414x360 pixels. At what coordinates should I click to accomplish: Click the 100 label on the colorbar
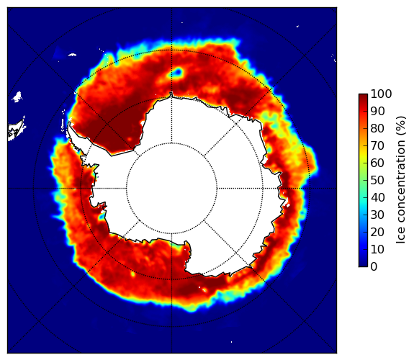click(x=381, y=94)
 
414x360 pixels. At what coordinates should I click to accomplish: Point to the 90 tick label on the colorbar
click(x=377, y=111)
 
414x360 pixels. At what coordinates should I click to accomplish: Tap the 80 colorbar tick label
click(x=377, y=128)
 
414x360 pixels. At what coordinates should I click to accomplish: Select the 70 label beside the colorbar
click(x=377, y=145)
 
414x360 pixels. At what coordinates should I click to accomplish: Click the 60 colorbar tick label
click(x=377, y=163)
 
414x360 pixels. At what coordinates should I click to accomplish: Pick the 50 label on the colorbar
click(x=377, y=180)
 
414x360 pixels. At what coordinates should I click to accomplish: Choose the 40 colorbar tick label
click(x=377, y=197)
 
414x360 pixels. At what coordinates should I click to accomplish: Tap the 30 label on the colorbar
click(x=377, y=215)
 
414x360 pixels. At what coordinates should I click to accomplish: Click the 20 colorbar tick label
click(x=377, y=232)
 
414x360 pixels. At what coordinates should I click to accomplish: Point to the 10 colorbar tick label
click(x=377, y=249)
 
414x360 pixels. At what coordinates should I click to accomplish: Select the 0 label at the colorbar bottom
click(x=374, y=266)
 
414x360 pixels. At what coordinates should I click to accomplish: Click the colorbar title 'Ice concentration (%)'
click(x=400, y=180)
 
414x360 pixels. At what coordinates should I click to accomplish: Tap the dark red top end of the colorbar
click(x=363, y=96)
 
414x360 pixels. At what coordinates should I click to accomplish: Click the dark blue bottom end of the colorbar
click(x=363, y=265)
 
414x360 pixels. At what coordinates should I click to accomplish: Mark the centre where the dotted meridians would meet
click(x=171, y=189)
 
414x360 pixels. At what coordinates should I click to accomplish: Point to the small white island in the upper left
click(x=17, y=96)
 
